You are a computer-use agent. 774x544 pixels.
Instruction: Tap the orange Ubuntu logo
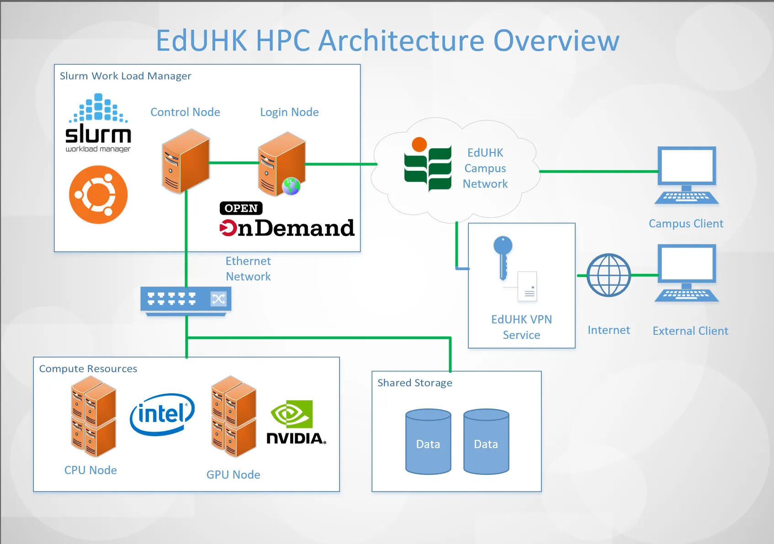click(98, 195)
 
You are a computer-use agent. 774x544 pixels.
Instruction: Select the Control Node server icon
click(186, 161)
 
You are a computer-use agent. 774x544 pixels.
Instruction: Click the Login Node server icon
click(281, 164)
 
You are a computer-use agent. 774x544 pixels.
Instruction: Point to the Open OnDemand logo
click(286, 220)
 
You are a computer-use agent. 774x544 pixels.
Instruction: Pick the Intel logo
click(162, 414)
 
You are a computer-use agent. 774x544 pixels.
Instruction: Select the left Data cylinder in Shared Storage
click(428, 442)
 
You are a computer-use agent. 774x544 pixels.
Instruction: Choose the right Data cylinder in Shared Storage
click(486, 442)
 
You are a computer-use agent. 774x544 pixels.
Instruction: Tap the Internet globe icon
click(609, 275)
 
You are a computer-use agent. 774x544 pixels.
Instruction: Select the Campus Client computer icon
click(686, 175)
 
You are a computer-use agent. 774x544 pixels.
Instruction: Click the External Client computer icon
click(686, 273)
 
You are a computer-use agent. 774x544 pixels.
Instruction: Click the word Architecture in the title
click(401, 41)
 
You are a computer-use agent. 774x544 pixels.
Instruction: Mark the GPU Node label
click(233, 475)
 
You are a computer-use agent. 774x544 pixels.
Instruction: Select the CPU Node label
click(90, 470)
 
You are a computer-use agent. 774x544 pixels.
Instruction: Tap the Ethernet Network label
click(248, 269)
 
